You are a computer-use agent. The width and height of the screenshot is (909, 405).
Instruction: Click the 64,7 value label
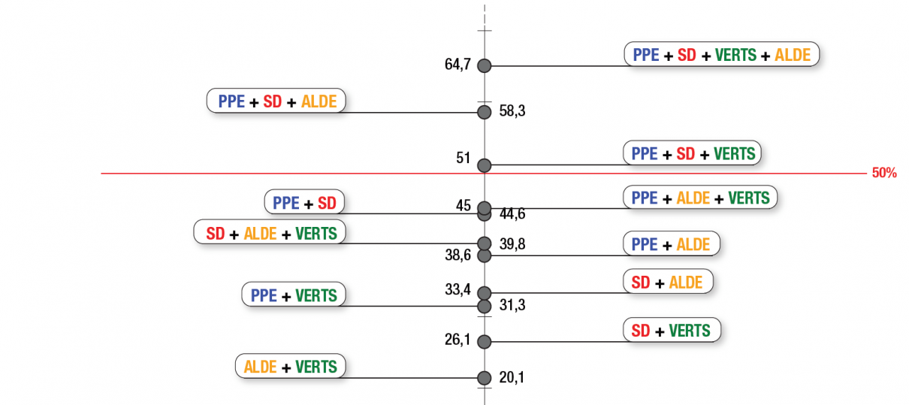click(458, 65)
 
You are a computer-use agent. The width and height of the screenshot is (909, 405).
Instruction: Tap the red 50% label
click(884, 173)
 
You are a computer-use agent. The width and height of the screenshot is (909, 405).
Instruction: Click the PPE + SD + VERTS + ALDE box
click(721, 55)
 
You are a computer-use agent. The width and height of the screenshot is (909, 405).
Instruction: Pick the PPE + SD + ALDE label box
click(276, 101)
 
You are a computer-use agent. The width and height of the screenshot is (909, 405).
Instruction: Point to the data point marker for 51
click(485, 165)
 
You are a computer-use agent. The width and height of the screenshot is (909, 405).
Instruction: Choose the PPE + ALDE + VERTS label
click(700, 198)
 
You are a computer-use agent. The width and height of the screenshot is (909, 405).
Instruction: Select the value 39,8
click(512, 243)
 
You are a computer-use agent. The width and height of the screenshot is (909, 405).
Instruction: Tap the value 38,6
click(458, 255)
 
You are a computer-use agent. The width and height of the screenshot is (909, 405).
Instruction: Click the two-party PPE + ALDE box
click(671, 244)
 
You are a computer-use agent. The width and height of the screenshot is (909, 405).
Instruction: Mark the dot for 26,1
click(485, 342)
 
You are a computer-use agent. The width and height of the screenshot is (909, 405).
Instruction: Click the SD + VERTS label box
click(671, 331)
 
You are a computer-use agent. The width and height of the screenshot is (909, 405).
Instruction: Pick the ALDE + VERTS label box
click(290, 367)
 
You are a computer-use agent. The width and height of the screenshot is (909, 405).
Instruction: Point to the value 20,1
click(512, 377)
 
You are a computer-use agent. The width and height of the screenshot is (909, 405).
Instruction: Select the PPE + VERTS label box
click(293, 295)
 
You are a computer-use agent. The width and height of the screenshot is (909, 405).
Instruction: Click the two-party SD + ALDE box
click(667, 283)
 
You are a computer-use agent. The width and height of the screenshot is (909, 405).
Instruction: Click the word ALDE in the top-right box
click(793, 55)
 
